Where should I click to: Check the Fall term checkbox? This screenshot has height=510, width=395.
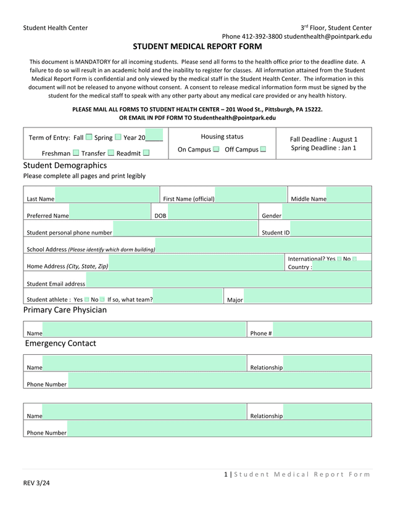pyautogui.click(x=89, y=137)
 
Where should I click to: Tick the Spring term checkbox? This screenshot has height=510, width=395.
pyautogui.click(x=118, y=137)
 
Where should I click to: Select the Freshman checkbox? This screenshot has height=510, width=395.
pyautogui.click(x=76, y=153)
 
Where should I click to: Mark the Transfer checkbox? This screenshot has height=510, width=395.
pyautogui.click(x=111, y=153)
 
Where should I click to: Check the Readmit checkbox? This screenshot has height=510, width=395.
pyautogui.click(x=146, y=153)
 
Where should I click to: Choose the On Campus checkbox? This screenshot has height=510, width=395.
pyautogui.click(x=216, y=149)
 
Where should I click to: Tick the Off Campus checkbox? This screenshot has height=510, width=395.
pyautogui.click(x=263, y=149)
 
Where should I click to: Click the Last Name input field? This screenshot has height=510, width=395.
pyautogui.click(x=106, y=195)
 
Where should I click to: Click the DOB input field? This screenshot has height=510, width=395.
pyautogui.click(x=212, y=212)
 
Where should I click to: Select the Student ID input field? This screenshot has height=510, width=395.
pyautogui.click(x=330, y=229)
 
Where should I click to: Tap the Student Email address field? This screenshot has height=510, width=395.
pyautogui.click(x=228, y=280)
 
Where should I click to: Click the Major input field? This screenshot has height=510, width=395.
pyautogui.click(x=307, y=296)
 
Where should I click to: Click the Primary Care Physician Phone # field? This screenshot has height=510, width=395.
pyautogui.click(x=322, y=330)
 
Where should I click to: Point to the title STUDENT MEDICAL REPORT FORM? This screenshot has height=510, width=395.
pyautogui.click(x=197, y=46)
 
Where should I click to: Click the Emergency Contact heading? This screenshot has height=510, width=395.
pyautogui.click(x=60, y=343)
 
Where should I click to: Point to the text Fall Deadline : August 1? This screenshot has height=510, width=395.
pyautogui.click(x=323, y=139)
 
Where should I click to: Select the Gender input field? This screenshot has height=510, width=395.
pyautogui.click(x=326, y=212)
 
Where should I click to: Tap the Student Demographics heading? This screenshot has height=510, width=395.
pyautogui.click(x=65, y=165)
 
